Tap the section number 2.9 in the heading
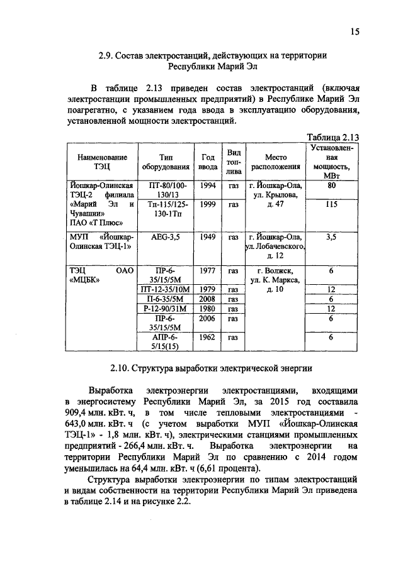point(106,56)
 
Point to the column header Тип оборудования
point(166,162)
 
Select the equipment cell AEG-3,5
point(166,237)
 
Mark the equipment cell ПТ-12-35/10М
point(166,289)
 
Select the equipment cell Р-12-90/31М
point(166,309)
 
